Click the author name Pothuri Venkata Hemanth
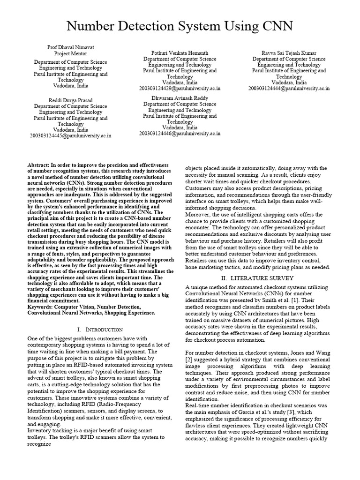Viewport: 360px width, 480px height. point(180,53)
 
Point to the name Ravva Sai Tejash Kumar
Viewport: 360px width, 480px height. point(289,53)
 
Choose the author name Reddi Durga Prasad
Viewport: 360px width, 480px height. point(71,100)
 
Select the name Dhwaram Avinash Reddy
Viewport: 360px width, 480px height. point(180,98)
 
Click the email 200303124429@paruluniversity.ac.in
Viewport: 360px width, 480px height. point(180,88)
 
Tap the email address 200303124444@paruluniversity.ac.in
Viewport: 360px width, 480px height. point(289,88)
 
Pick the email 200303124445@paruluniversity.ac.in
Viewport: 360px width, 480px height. point(71,135)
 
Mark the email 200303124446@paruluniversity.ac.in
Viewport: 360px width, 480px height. point(180,133)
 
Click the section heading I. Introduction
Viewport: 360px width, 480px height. point(99,330)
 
